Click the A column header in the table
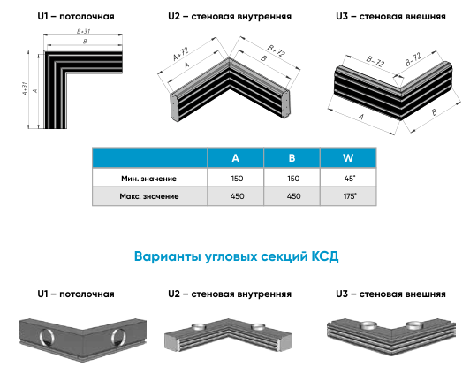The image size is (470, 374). (x=236, y=157)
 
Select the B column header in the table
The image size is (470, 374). (x=292, y=157)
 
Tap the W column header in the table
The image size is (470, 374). (x=348, y=157)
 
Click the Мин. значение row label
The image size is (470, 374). (x=148, y=179)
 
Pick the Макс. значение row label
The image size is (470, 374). (x=149, y=196)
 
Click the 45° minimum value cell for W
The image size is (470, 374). (x=350, y=179)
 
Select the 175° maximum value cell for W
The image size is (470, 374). (x=350, y=196)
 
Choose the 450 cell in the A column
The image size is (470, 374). (x=237, y=196)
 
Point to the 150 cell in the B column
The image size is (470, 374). (x=293, y=179)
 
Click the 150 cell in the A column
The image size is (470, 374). (x=237, y=179)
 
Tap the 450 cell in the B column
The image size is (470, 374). (x=293, y=196)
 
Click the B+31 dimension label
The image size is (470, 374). (x=83, y=31)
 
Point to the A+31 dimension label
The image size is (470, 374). (x=25, y=88)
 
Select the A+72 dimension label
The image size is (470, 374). (x=181, y=54)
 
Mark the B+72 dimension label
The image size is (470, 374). (x=276, y=50)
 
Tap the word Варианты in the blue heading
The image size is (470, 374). (x=167, y=256)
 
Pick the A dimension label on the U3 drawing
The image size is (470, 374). (x=360, y=117)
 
